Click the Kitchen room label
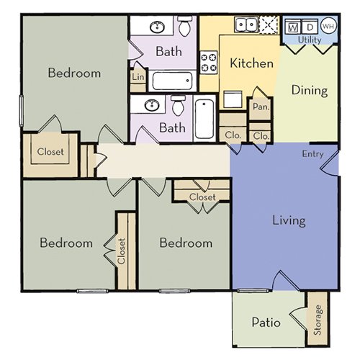(x=251, y=63)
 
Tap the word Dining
(x=310, y=91)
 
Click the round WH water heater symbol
(x=329, y=27)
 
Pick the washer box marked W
(x=294, y=27)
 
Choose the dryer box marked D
(x=310, y=27)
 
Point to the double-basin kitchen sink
(x=243, y=25)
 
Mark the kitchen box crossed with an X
(x=268, y=25)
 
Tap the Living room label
(x=289, y=220)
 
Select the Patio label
(x=265, y=322)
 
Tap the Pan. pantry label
(x=259, y=106)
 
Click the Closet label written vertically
(x=121, y=251)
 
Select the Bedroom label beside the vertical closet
(x=66, y=243)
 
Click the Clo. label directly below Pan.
(x=261, y=135)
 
